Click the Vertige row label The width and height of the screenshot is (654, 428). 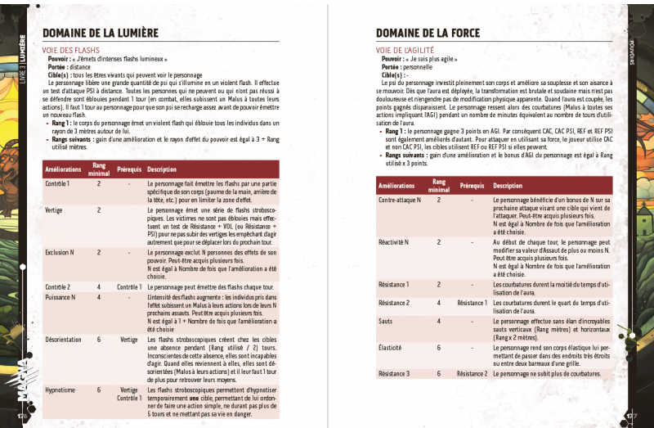(56, 210)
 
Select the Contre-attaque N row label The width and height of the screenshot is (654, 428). (400, 200)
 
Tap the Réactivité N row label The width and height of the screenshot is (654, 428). (395, 242)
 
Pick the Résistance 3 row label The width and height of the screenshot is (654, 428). (394, 373)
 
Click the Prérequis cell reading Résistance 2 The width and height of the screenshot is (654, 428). (472, 373)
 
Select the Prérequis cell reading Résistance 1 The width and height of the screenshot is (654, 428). (472, 303)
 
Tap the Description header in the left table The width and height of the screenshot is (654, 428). (161, 169)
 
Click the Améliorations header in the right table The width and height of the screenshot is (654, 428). (397, 186)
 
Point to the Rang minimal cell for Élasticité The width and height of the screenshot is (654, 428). (438, 347)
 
